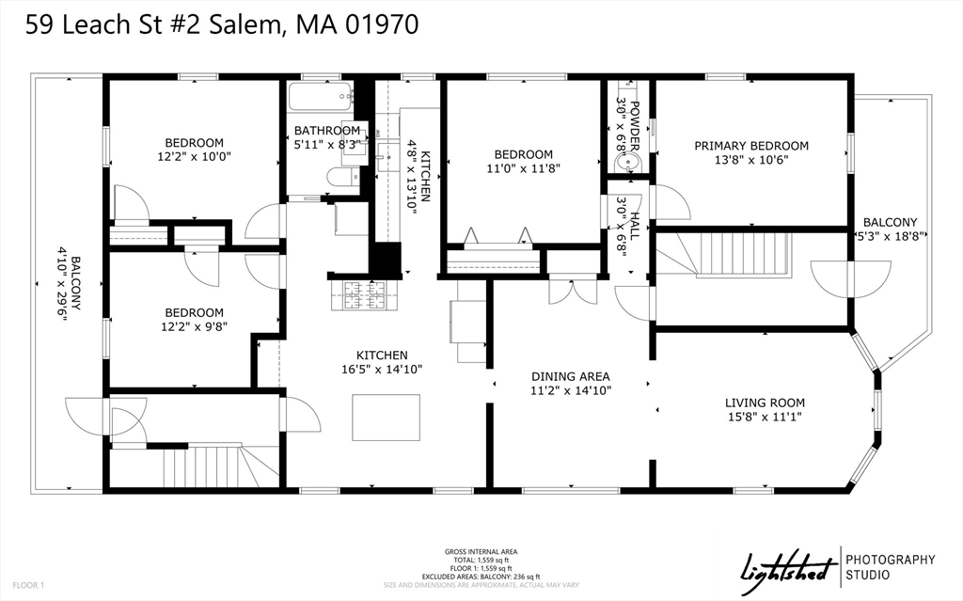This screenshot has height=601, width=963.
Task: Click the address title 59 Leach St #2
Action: pyautogui.click(x=221, y=25)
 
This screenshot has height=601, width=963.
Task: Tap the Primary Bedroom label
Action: pyautogui.click(x=751, y=146)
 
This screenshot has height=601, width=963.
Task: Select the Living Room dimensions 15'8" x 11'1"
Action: pyautogui.click(x=765, y=416)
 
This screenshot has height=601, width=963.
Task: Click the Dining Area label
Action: pyautogui.click(x=571, y=375)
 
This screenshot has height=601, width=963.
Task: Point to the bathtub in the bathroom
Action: pyautogui.click(x=320, y=97)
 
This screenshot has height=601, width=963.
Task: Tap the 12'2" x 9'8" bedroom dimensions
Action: pyautogui.click(x=195, y=328)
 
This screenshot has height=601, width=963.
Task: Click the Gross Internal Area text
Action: pyautogui.click(x=481, y=552)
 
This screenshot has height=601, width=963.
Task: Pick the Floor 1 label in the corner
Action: pyautogui.click(x=29, y=585)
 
